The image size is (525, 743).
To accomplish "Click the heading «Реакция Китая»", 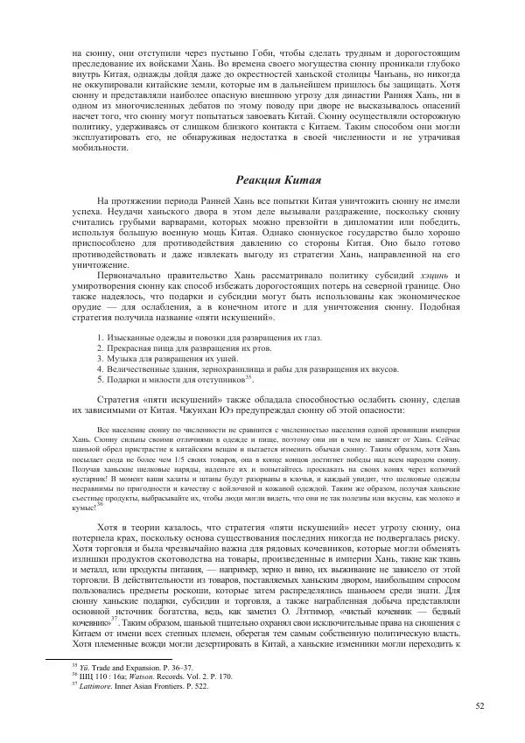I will point(269,180).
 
